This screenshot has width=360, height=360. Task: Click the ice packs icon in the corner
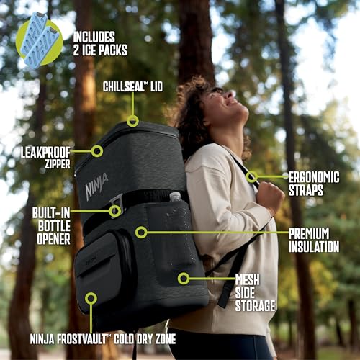point(38,42)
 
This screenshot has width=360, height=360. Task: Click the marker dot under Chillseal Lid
point(132,121)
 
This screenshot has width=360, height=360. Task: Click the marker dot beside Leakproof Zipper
point(96,151)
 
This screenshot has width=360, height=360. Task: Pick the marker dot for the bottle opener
point(114,211)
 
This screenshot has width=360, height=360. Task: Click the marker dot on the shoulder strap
point(252,176)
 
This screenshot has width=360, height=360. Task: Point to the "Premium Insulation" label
point(314,240)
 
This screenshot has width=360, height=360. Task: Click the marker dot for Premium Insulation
point(141,232)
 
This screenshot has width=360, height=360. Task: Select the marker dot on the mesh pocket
point(184,278)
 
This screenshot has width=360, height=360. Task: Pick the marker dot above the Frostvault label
point(91,298)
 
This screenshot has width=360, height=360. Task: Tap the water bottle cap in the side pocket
point(175,197)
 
